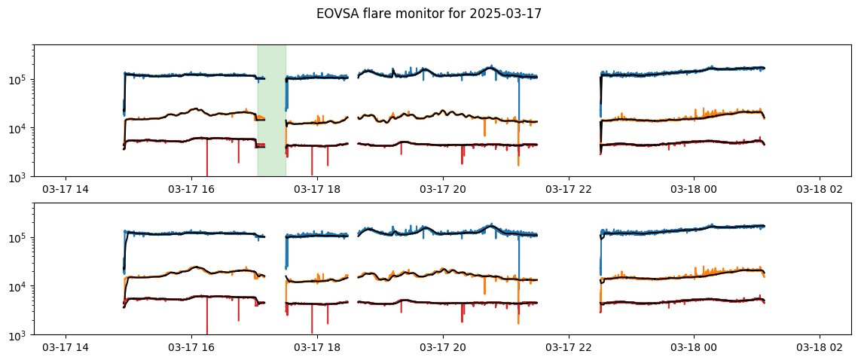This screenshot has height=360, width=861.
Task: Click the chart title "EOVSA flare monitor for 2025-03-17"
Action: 429,14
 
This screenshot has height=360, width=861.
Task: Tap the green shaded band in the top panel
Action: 272,111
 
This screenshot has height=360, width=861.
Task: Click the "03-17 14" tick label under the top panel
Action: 66,189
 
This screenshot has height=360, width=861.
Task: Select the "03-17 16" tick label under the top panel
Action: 191,189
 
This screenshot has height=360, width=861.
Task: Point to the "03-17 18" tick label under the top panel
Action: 317,189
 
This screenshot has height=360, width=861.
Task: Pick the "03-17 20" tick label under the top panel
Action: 443,189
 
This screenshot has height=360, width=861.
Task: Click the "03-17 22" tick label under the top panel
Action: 568,189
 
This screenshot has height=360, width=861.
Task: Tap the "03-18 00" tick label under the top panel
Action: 694,189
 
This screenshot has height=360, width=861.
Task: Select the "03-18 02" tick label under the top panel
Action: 820,189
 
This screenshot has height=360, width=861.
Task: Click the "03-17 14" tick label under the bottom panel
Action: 66,347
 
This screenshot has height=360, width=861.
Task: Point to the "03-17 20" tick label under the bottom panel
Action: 443,347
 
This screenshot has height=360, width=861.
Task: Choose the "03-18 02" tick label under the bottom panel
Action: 820,347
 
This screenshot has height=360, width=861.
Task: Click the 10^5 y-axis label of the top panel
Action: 20,79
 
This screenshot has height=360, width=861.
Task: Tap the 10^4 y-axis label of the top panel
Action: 20,128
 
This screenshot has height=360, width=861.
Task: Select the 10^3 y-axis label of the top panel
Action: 20,177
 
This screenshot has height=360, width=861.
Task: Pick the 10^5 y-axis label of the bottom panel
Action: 20,237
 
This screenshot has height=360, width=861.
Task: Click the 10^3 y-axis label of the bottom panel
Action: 20,334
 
